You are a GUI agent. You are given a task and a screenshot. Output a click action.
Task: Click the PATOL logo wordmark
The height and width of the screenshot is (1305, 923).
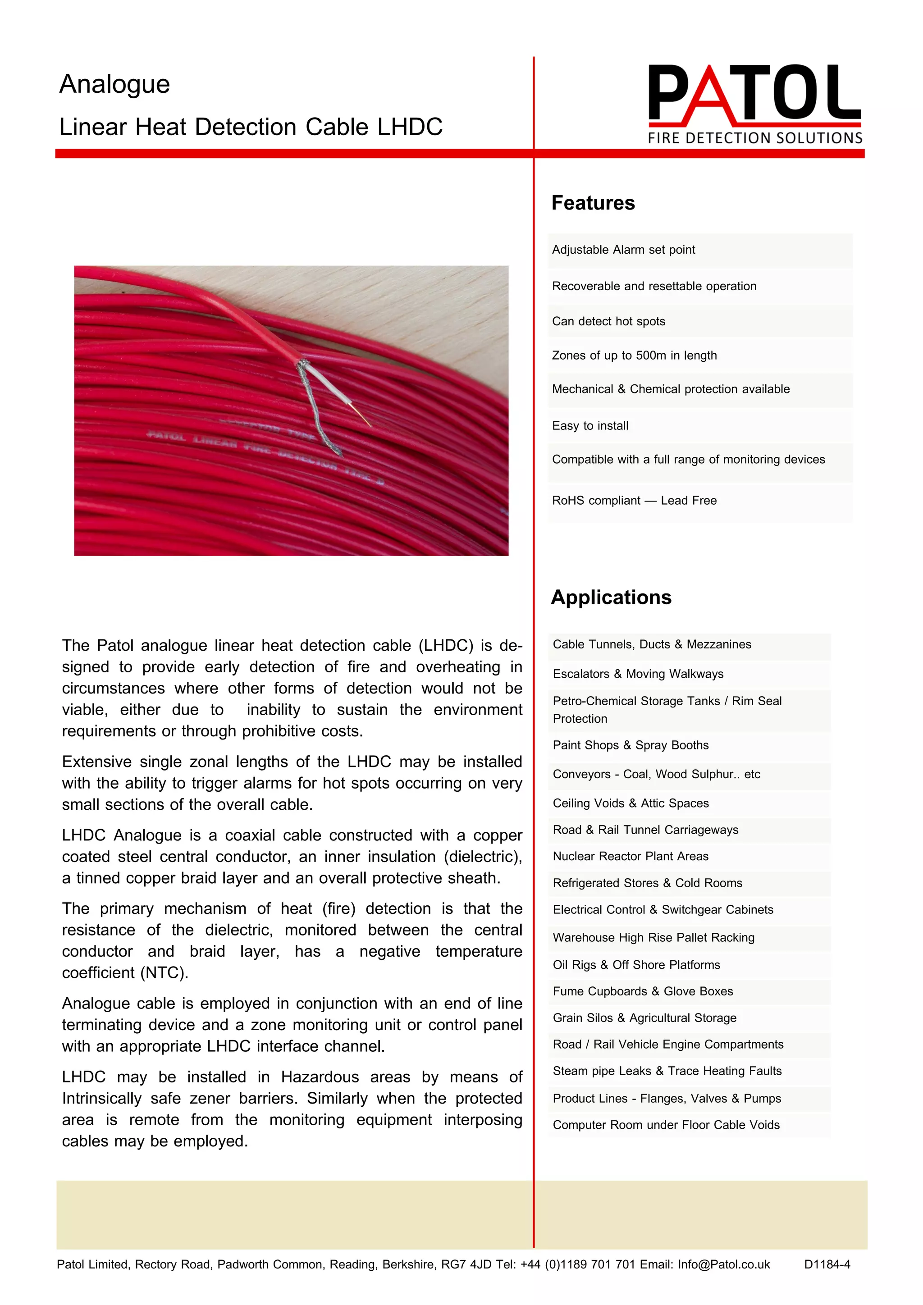click(754, 94)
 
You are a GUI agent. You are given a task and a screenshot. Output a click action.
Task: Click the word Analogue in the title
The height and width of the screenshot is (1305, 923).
click(115, 85)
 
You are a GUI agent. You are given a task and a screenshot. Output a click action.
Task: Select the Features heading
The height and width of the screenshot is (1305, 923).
click(593, 203)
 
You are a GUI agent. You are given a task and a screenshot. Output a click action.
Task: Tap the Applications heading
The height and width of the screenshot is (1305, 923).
click(611, 598)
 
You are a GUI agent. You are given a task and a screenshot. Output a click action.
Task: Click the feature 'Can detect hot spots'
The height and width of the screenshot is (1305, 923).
click(608, 321)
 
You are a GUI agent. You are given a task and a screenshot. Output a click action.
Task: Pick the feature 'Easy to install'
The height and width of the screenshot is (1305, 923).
click(590, 426)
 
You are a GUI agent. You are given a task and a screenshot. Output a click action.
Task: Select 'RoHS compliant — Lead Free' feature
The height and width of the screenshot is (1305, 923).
click(634, 501)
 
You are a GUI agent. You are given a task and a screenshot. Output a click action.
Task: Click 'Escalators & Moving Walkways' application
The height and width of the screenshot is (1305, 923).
click(638, 674)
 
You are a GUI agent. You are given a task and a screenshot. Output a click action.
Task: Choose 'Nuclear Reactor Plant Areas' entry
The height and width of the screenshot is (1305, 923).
click(631, 857)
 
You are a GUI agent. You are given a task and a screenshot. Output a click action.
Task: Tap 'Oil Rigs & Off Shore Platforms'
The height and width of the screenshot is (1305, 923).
click(636, 965)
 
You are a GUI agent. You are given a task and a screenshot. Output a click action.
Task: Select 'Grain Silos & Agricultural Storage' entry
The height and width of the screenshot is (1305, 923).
click(644, 1018)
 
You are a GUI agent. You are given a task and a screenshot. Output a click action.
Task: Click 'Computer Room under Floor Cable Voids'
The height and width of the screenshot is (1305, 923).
click(666, 1125)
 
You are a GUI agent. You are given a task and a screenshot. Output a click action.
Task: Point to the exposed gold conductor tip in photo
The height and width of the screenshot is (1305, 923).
click(363, 415)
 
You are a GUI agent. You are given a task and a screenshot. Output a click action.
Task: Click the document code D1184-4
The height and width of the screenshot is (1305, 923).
click(827, 1264)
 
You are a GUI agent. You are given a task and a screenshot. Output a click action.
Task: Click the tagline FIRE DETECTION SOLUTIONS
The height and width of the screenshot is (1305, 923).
click(755, 138)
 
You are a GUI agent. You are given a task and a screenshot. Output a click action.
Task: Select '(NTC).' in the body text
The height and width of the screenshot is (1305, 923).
click(164, 973)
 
